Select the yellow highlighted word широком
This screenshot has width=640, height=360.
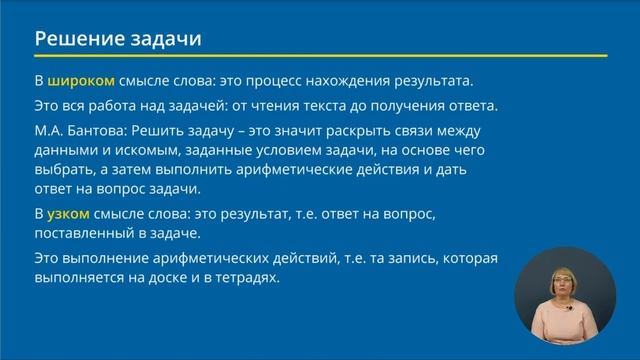[x=81, y=81]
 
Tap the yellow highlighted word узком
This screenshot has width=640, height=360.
[x=69, y=214]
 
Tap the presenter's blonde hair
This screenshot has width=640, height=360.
[x=564, y=271]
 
